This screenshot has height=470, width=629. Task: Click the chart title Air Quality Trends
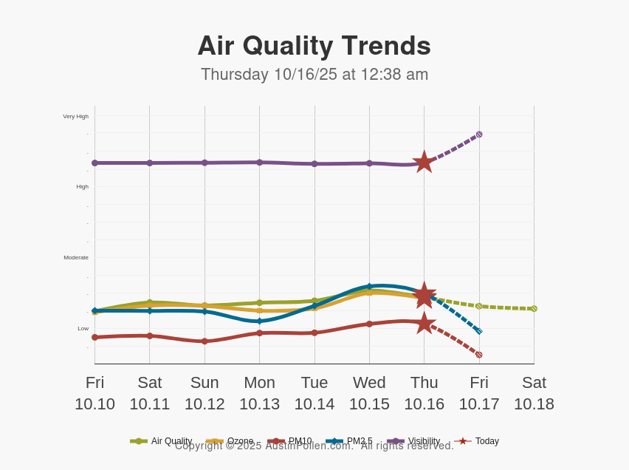[314, 46]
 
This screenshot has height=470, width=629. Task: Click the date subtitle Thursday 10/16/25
[314, 75]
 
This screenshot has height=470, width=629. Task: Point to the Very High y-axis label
[75, 116]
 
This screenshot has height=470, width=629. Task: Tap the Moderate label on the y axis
[75, 257]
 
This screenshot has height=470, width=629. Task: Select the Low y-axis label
[83, 328]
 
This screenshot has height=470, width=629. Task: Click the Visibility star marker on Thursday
[424, 163]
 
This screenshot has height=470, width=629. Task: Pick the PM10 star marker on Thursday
[424, 323]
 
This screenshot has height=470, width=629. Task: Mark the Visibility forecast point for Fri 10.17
[479, 134]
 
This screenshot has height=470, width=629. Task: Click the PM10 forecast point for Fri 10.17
[479, 355]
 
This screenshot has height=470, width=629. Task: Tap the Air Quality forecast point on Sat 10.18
[534, 309]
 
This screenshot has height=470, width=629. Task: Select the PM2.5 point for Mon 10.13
[259, 321]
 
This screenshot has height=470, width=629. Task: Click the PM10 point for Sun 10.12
[204, 341]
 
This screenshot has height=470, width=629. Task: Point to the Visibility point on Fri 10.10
[94, 163]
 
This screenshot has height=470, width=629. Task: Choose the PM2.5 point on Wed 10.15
[369, 286]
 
